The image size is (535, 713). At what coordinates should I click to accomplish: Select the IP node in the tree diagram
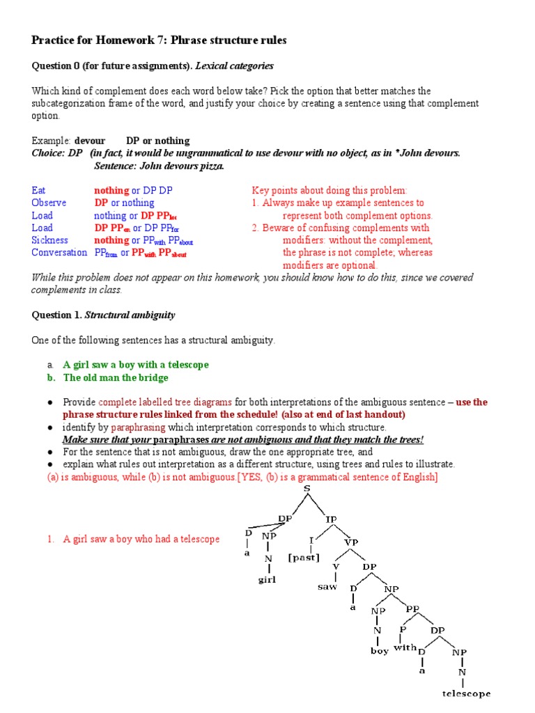(330, 519)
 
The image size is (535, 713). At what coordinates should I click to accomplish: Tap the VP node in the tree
(351, 542)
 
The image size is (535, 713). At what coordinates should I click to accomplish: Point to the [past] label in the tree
(304, 558)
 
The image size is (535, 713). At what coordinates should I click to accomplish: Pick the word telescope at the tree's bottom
(467, 694)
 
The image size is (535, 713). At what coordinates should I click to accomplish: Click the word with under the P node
(405, 647)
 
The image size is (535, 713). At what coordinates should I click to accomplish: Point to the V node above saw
(336, 565)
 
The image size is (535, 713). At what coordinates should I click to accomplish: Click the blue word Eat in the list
(39, 190)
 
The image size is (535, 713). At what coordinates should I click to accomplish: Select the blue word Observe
(49, 203)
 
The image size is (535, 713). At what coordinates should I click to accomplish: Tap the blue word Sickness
(49, 240)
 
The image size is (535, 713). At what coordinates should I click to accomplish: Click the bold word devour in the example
(90, 141)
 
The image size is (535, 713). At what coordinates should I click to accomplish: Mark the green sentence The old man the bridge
(116, 377)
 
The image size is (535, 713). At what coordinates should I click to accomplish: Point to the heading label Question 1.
(56, 315)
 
